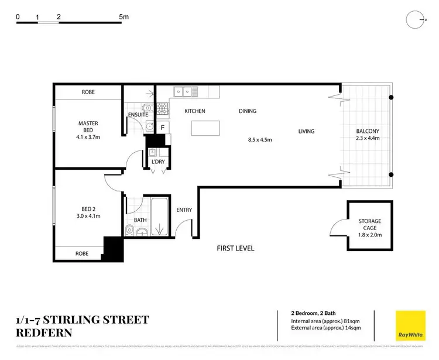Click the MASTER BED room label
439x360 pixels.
88,124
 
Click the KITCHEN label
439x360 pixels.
195,111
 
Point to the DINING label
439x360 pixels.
247,111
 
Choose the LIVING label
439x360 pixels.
306,132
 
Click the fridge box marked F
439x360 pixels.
162,127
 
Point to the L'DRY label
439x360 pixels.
157,161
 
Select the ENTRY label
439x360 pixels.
184,210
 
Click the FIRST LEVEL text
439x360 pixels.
235,248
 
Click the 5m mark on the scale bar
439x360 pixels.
124,18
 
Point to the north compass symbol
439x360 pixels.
415,19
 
